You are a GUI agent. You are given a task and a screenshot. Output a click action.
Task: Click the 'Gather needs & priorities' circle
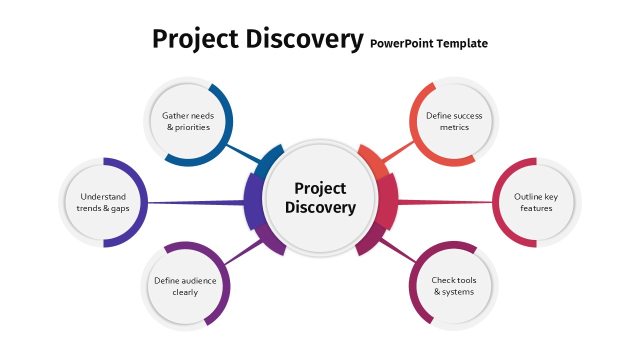click(188, 121)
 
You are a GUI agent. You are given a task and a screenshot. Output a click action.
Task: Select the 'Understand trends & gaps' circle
click(103, 202)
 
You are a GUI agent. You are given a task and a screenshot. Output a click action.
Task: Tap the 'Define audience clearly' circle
click(185, 286)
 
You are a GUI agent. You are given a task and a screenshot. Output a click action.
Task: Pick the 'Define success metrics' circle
click(454, 121)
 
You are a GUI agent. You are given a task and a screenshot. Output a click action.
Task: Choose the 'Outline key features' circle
click(536, 202)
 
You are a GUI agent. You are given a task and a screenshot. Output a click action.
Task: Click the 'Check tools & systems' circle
click(453, 285)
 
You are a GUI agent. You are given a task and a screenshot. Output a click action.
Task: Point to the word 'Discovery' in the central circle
click(320, 207)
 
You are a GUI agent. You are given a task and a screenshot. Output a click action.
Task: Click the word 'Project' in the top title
click(195, 39)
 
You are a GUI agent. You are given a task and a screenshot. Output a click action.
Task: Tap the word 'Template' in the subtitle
click(462, 43)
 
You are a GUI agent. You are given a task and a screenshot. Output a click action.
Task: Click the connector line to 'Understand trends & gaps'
click(195, 203)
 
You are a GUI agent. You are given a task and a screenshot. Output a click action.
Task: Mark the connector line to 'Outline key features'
click(445, 202)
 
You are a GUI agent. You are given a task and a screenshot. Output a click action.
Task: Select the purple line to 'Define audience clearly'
click(243, 251)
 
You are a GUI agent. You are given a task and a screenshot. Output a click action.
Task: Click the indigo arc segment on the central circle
click(253, 201)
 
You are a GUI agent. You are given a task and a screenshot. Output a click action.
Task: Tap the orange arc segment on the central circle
click(373, 160)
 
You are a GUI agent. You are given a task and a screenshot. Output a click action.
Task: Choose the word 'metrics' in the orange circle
click(454, 127)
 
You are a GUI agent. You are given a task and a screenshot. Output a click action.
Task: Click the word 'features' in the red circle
click(536, 208)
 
